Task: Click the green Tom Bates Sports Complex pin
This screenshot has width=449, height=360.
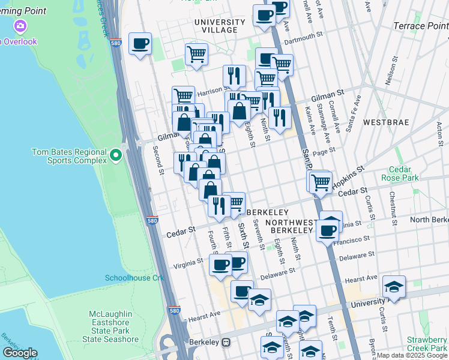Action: [116, 157]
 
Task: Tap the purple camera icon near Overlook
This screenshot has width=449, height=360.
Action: [21, 26]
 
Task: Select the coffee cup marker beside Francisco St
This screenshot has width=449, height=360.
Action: [328, 230]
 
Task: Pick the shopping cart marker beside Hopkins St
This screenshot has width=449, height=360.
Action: [321, 181]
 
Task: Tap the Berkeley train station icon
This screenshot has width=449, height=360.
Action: [226, 343]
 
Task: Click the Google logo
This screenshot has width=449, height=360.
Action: [20, 353]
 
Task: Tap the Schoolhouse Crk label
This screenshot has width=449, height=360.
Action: [134, 278]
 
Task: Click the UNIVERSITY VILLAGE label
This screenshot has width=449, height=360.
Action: [220, 26]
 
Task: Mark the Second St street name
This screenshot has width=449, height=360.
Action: [158, 160]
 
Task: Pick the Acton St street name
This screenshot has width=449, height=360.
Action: [440, 130]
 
